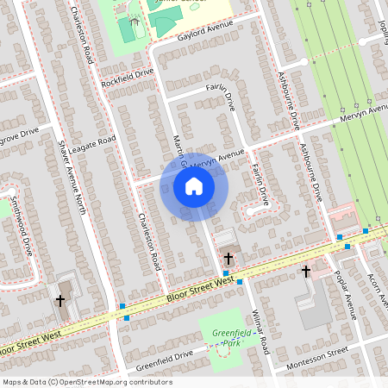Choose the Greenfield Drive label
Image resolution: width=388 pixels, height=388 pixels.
click(x=164, y=355)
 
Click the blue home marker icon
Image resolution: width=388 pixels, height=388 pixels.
click(x=194, y=186)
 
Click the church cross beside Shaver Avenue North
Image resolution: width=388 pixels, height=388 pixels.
click(x=60, y=301)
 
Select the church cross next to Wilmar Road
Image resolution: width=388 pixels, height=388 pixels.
click(x=228, y=258)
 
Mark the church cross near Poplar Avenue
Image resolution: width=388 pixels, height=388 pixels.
click(x=305, y=272)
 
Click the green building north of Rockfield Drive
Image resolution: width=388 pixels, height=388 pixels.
click(x=127, y=29)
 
